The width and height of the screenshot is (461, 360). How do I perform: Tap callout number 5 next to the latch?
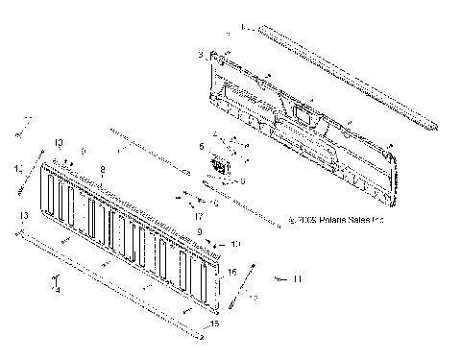coord(202,146)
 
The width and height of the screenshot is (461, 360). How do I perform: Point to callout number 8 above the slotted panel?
coord(104,169)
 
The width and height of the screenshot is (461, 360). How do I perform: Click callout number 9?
coord(199,232)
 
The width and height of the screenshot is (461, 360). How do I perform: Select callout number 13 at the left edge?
coord(22,217)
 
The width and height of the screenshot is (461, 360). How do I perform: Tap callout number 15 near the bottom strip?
coord(214,324)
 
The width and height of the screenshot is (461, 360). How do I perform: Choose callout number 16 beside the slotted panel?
coord(231,273)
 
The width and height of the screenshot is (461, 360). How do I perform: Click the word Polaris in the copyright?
coord(320,219)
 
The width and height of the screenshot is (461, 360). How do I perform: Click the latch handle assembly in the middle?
coord(221,166)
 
